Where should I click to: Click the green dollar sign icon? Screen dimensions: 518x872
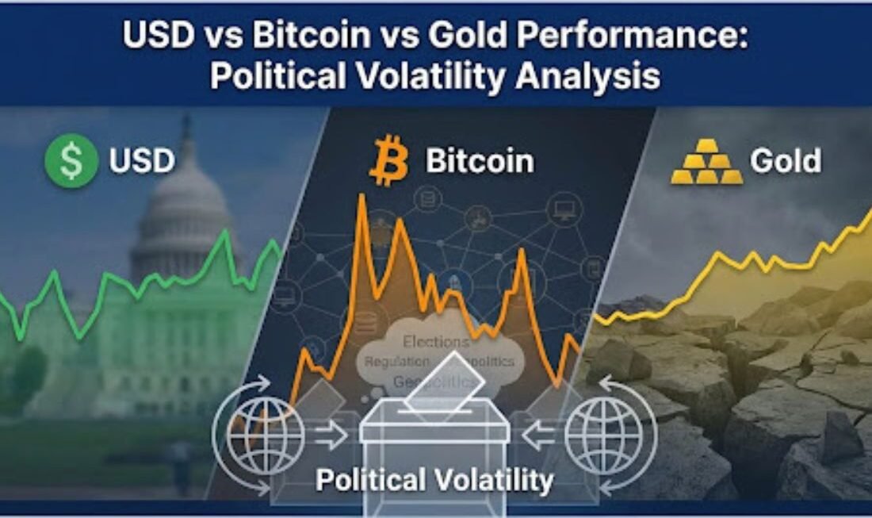tap(71, 161)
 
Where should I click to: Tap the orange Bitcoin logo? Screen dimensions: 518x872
tap(388, 161)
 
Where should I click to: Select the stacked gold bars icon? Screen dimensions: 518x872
tap(707, 163)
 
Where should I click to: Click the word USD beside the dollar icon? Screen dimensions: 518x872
tap(142, 161)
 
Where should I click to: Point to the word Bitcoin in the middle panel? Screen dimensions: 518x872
tap(480, 161)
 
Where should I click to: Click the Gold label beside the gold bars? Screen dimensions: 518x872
tap(786, 161)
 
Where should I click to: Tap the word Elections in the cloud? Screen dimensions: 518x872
tap(436, 343)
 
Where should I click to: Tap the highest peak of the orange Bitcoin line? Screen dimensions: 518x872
tap(361, 196)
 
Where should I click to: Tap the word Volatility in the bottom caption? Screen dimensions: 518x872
tap(498, 480)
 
